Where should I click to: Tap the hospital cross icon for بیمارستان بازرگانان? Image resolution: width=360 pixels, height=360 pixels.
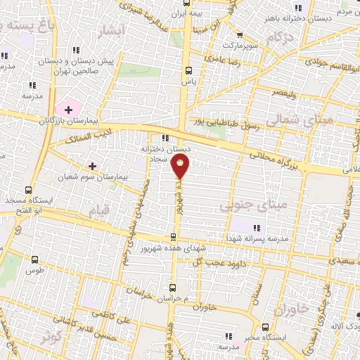(68, 109)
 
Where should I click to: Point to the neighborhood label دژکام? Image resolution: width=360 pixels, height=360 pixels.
(280, 37)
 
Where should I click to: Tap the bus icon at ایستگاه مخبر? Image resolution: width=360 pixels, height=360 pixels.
(265, 327)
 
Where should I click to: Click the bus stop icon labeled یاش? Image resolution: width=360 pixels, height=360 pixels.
(188, 70)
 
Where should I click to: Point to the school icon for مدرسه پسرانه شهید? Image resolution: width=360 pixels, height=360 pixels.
(256, 227)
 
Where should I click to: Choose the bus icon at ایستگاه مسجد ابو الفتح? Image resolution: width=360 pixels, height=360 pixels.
(28, 190)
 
